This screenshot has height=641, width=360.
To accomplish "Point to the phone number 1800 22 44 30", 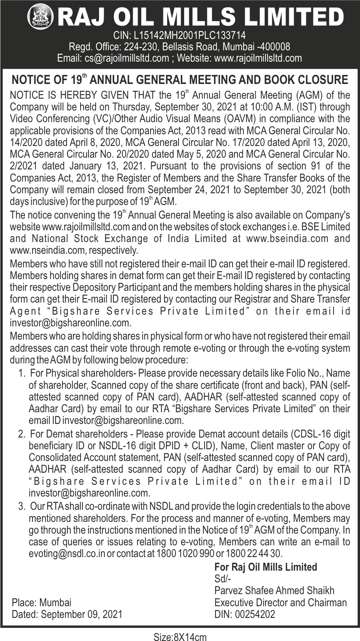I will click(x=254, y=554).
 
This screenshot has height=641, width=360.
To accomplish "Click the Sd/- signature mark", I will click(x=222, y=578).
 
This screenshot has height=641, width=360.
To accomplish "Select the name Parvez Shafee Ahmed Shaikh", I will click(x=274, y=590).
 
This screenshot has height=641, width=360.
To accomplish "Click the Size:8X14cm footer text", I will click(x=180, y=637).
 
